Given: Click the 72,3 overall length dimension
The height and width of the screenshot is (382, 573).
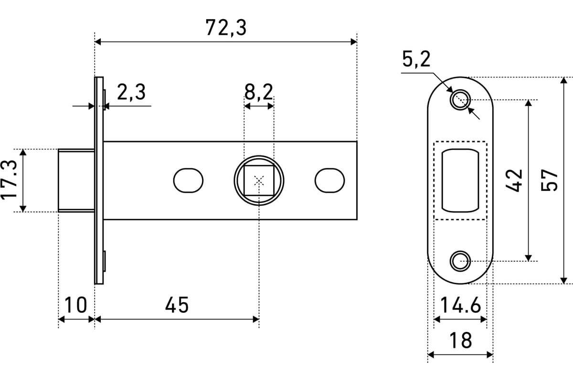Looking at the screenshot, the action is point(226,28).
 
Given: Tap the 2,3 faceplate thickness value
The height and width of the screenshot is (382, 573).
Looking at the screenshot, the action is point(131,92).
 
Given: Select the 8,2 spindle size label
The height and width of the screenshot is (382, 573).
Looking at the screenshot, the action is point(259,92).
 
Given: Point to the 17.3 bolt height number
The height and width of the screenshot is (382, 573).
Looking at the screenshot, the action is point(9,180).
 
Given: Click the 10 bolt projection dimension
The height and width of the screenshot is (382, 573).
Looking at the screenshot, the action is point(75,305).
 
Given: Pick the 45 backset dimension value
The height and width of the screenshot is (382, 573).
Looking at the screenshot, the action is point(177,305).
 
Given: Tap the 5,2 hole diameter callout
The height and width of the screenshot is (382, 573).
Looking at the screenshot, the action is point(416,59).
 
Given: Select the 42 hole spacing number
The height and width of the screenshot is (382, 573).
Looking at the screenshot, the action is point(514,180).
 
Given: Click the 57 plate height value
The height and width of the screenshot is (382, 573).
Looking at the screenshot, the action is point(549,180).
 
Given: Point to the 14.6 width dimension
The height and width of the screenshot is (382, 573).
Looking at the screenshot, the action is point(460,305).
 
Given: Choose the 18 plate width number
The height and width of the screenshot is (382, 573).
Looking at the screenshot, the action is point(460,340).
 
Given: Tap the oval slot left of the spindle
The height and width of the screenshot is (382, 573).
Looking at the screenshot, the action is point(188,180).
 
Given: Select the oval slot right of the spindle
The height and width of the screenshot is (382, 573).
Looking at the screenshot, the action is point(330,180).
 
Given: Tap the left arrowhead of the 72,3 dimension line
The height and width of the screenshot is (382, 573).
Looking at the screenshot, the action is point(98,42).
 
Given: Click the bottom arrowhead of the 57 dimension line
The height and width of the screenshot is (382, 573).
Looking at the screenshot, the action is point(564,280).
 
